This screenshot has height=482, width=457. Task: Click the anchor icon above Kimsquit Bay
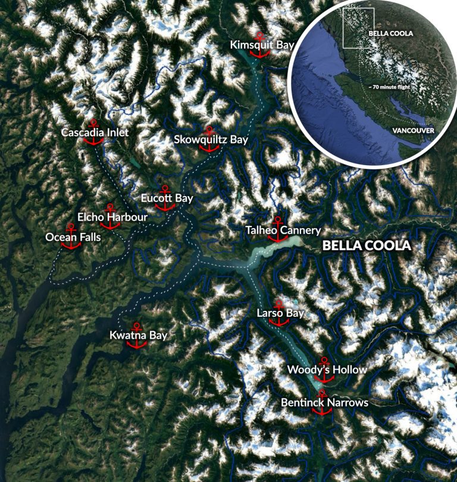[259, 45]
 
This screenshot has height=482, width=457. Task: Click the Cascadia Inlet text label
[95, 133]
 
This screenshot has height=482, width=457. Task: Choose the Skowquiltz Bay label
[211, 140]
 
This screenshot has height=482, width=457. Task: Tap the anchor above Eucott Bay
[165, 197]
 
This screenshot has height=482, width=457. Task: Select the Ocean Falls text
[73, 238]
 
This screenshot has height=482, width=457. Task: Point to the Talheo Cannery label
[283, 230]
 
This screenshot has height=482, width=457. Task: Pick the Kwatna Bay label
[138, 336]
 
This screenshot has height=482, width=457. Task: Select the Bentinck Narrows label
[324, 403]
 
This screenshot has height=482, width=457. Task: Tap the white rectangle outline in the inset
[358, 27]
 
